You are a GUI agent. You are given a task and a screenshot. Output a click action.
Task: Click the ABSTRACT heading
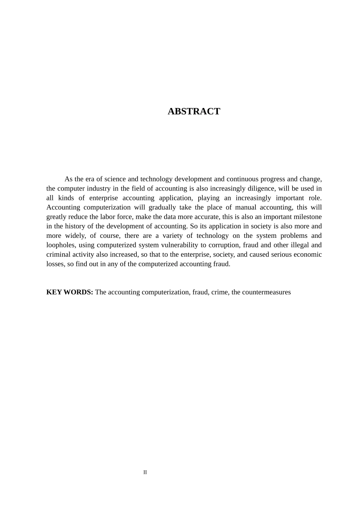[194, 111]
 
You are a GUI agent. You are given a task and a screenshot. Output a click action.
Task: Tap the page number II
[145, 472]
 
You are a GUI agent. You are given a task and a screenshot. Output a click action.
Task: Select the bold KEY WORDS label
[69, 292]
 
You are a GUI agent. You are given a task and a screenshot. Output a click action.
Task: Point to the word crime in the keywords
[220, 292]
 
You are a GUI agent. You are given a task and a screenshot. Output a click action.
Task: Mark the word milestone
[307, 217]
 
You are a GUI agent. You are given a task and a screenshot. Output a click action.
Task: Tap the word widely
[75, 236]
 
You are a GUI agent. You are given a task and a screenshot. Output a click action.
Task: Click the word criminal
[58, 254]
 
